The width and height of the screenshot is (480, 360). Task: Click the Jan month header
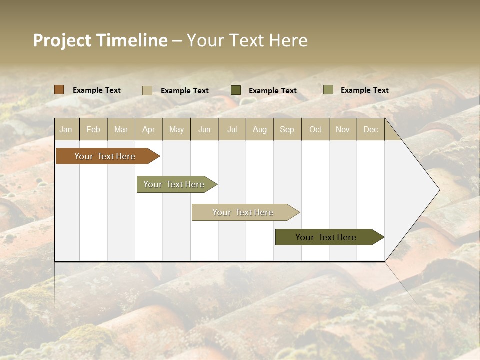click(66, 129)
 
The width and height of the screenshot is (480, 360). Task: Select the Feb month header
click(93, 129)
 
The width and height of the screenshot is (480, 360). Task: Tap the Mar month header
click(121, 129)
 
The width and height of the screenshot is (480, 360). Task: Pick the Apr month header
click(149, 129)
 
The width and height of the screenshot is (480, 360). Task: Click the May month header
click(176, 129)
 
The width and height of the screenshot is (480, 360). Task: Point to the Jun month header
click(204, 129)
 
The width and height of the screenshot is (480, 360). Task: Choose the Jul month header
click(232, 129)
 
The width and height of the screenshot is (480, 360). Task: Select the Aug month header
click(260, 129)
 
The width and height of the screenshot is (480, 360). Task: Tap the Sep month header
click(287, 129)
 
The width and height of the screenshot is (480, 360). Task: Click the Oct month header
click(315, 129)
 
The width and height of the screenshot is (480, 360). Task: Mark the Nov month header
click(343, 129)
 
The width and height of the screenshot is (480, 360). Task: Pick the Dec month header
click(371, 129)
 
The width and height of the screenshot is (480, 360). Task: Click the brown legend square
click(59, 90)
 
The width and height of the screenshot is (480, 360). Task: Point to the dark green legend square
click(236, 90)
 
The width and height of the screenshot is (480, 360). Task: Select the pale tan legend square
click(147, 90)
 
